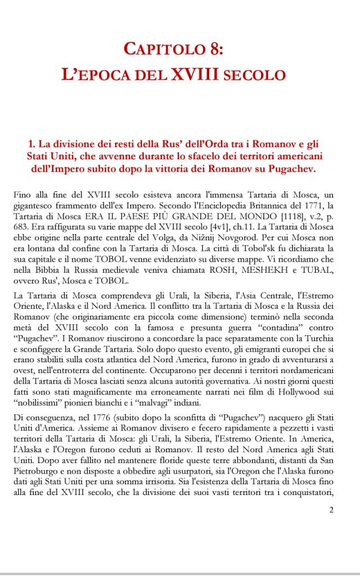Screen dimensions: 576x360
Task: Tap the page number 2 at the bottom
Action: (331, 510)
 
